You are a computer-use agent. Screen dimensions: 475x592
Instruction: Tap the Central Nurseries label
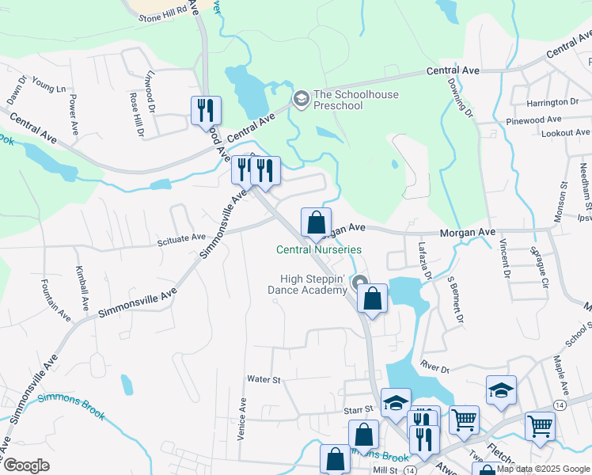coord(318,249)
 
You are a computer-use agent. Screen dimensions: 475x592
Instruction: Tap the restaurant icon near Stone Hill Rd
coord(206,110)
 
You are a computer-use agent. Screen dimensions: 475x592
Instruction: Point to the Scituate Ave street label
coord(182,237)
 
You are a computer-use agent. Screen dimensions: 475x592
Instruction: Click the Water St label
coord(264,380)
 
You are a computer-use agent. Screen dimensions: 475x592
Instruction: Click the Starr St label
coord(359,409)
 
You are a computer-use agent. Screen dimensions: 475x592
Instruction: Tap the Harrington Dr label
coord(547,102)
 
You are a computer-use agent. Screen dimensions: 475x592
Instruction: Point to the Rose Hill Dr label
coord(135,114)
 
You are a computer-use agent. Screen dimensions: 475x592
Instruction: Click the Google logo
coord(26,465)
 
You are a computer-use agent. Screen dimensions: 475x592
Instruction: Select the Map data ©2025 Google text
coord(543,469)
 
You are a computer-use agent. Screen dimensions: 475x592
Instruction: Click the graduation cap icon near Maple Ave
coord(500,390)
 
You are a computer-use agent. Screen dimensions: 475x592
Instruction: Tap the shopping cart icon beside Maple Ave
coord(540,426)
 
